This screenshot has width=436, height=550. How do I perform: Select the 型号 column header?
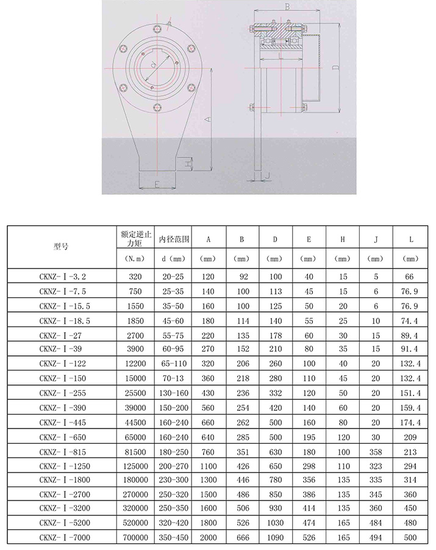[x=61, y=247]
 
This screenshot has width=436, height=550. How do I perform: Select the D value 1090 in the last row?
[x=275, y=537]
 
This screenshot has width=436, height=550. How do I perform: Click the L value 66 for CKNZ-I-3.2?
[x=409, y=277]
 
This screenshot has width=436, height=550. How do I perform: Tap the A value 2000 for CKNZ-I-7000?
[x=208, y=537]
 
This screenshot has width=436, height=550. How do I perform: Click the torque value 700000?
[x=135, y=537]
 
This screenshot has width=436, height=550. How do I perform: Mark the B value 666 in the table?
[x=241, y=537]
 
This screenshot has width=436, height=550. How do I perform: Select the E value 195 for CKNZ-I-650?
[x=309, y=437]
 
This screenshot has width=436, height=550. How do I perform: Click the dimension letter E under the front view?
[x=157, y=183]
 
